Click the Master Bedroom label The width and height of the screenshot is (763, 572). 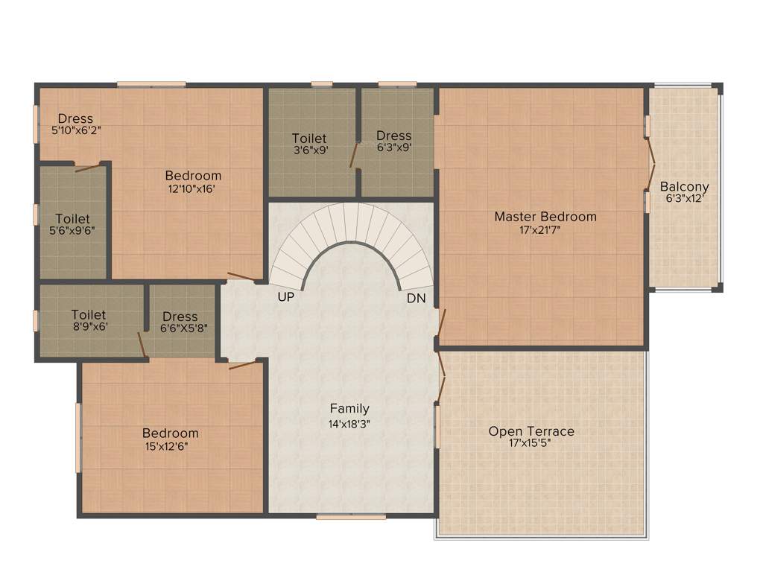point(545,217)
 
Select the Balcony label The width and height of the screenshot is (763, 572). point(685,186)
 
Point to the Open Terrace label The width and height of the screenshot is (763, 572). point(531,431)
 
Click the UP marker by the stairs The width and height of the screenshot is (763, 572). point(285,297)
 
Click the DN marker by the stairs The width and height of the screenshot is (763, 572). point(416,298)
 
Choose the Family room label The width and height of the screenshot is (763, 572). point(349,408)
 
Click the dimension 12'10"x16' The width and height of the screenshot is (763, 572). point(193,189)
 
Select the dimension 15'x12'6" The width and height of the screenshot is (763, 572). point(171,446)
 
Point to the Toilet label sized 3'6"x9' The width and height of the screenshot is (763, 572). point(309,138)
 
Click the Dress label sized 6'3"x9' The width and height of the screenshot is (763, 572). point(393,136)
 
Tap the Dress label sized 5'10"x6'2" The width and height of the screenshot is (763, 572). point(75,118)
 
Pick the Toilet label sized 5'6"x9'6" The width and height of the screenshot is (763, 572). point(72,219)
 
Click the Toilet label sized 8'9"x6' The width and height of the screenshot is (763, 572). point(89,315)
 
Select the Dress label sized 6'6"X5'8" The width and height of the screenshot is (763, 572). point(180,317)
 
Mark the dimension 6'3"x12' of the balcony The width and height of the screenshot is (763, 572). point(685,199)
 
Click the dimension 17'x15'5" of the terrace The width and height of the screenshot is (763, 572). point(531,444)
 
